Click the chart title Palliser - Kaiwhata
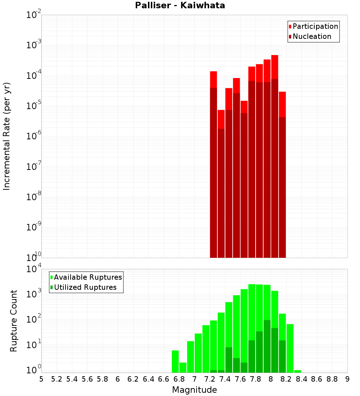point(180,6)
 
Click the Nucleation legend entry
point(312,36)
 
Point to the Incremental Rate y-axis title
point(7,136)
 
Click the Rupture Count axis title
point(14,321)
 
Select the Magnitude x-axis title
point(194,390)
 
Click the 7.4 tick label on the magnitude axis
point(225,379)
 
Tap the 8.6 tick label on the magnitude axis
point(317,379)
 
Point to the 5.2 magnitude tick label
point(57,379)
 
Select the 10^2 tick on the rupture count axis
point(34,319)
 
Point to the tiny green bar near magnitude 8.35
point(297,371)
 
